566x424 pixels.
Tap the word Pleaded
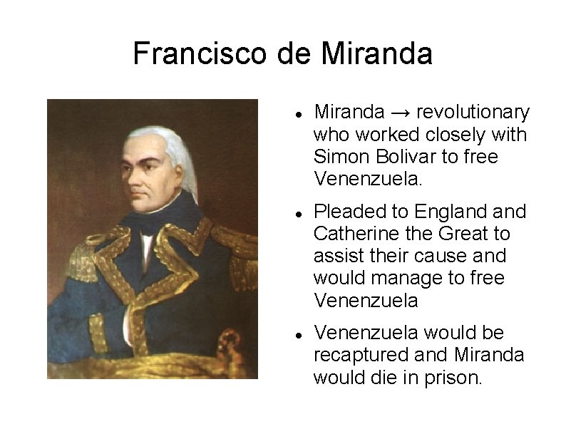click(349, 212)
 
